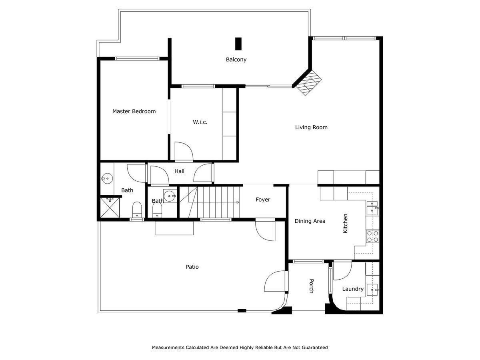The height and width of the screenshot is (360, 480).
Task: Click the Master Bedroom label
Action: click(x=134, y=111)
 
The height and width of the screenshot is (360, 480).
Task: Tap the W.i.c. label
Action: click(x=200, y=122)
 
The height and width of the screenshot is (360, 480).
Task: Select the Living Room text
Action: click(x=311, y=127)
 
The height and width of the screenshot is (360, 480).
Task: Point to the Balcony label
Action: click(x=236, y=60)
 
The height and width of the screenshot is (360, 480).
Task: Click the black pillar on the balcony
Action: click(x=238, y=44)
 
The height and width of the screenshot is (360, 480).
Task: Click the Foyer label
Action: click(x=263, y=200)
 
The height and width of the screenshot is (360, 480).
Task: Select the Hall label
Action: click(x=179, y=171)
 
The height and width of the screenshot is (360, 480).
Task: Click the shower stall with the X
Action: click(x=110, y=208)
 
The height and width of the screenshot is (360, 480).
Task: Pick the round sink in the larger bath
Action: click(x=107, y=178)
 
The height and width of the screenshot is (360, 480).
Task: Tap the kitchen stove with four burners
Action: click(x=373, y=236)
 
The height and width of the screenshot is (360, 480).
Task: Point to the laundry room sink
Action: click(x=372, y=290)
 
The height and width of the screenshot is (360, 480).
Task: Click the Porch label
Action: click(x=312, y=286)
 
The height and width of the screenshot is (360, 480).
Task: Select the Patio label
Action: click(x=192, y=267)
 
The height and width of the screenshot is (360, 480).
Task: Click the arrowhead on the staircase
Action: click(x=238, y=202)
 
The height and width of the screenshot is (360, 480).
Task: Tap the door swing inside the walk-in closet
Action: click(x=184, y=151)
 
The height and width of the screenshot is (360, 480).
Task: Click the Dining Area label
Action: click(x=310, y=221)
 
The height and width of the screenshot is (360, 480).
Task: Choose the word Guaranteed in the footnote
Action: click(x=315, y=347)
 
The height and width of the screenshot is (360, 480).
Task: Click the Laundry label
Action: click(x=353, y=289)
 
